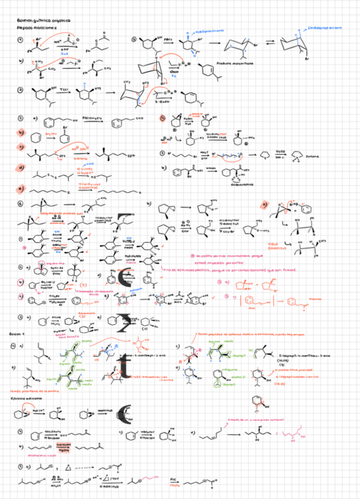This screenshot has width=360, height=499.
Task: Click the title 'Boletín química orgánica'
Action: click(x=45, y=21)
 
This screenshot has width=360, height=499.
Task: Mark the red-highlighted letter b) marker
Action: click(x=21, y=133)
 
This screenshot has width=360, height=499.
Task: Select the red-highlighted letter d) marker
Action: click(x=21, y=168)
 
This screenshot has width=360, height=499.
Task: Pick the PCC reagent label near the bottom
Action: click(x=173, y=478)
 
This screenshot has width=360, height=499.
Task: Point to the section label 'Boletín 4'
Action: click(x=17, y=333)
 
